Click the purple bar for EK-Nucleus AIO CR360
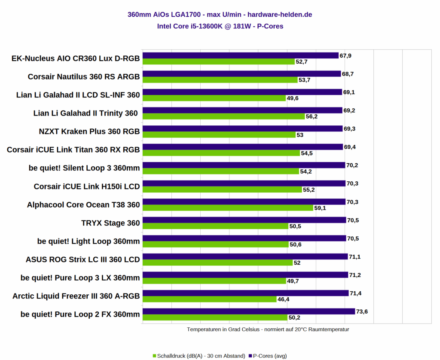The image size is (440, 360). click(x=241, y=55)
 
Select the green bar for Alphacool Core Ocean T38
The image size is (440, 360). click(x=228, y=208)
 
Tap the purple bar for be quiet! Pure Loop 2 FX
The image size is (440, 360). click(x=248, y=311)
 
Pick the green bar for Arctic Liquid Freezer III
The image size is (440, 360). click(x=209, y=299)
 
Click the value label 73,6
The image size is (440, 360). click(x=362, y=311)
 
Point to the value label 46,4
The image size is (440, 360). click(x=284, y=299)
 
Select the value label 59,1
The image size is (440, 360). click(x=321, y=208)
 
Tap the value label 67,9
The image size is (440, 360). click(x=345, y=55)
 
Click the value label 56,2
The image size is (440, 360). click(x=312, y=116)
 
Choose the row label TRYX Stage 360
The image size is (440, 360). click(x=110, y=223)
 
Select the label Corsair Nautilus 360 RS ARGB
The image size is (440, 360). click(x=84, y=77)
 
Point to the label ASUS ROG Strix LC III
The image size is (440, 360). click(x=83, y=259)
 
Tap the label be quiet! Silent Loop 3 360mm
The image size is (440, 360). click(x=84, y=168)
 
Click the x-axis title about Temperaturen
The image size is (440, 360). click(x=268, y=329)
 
